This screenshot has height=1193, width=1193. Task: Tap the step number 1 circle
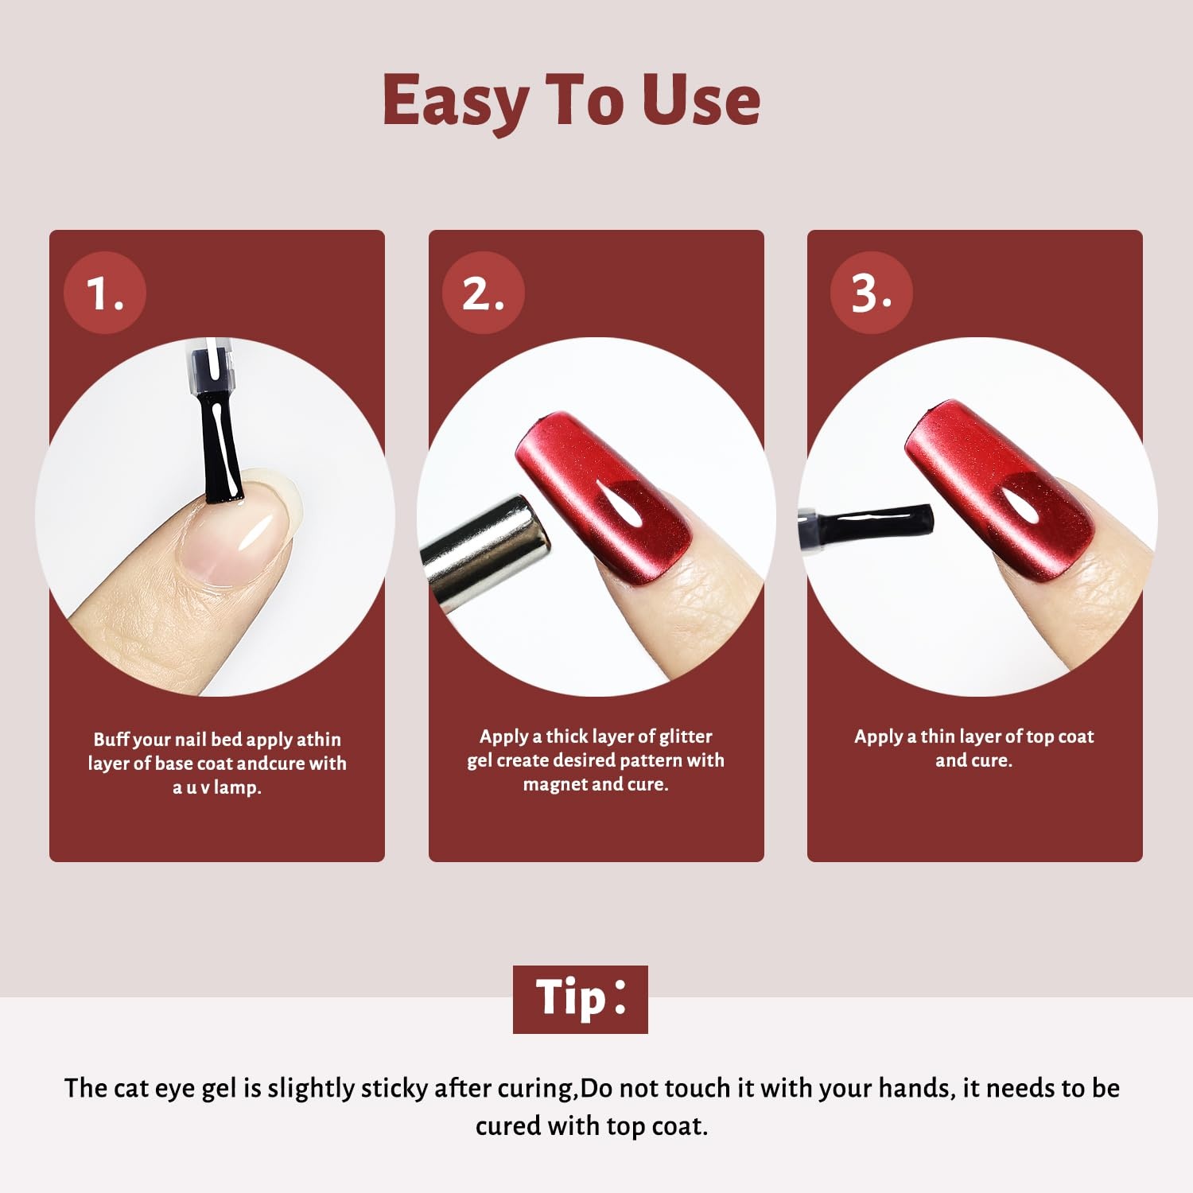105,292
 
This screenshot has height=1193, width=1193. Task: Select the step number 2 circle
484,292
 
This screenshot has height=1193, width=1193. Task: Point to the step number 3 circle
872,292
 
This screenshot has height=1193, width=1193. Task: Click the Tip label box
581,999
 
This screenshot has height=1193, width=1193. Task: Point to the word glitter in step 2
686,736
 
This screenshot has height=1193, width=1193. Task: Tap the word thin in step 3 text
938,736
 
